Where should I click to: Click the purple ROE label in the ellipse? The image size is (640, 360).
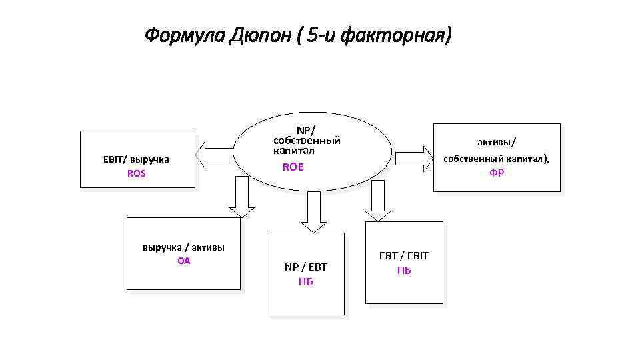293,167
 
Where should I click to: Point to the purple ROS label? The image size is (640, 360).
136,173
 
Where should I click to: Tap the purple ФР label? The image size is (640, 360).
497,173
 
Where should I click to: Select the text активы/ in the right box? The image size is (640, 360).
497,141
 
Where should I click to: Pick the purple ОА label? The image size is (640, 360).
183,261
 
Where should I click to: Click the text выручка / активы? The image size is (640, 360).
183,247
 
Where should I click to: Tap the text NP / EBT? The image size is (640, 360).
306,267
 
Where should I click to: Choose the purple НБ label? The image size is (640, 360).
306,281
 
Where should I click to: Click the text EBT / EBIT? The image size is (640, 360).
404,256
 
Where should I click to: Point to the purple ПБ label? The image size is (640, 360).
404,271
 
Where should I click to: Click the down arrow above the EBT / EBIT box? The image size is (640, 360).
377,201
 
